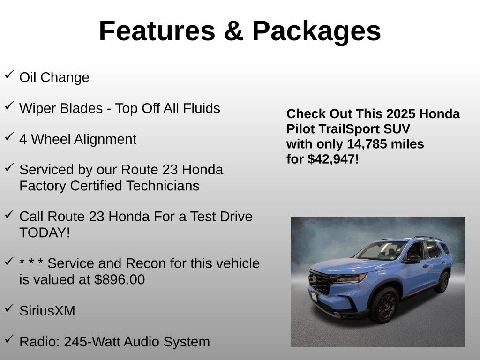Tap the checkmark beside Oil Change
(9, 75)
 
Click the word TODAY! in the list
(45, 232)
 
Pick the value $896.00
(120, 279)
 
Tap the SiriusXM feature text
(47, 310)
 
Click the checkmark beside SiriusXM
(9, 308)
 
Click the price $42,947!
(333, 159)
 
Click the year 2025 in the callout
(401, 114)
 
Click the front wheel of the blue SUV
(384, 305)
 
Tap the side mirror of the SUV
(413, 259)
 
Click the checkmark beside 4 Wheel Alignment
(9, 137)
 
